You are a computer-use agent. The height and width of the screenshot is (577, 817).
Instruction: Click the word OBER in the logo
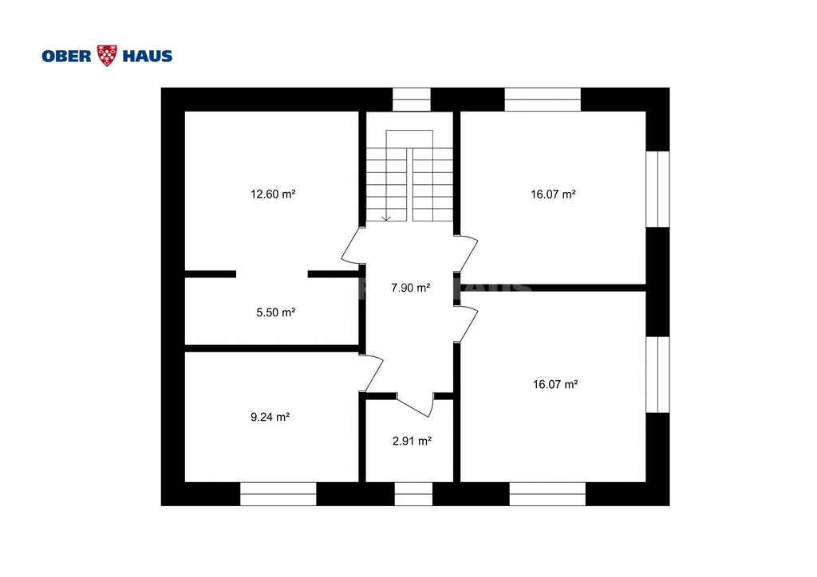[x=67, y=57]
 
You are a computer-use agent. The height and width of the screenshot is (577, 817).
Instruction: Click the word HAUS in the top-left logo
[x=148, y=57]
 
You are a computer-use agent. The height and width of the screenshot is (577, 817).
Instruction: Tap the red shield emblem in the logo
[x=108, y=56]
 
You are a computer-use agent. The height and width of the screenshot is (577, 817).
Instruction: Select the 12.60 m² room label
[x=273, y=194]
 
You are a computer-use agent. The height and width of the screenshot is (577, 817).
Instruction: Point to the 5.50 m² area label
[x=275, y=312]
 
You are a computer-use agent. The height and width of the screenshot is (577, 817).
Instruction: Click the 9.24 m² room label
[x=270, y=417]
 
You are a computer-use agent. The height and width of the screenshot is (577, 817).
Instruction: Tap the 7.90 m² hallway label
[x=411, y=288]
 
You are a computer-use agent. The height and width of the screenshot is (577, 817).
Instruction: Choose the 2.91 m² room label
[x=412, y=442]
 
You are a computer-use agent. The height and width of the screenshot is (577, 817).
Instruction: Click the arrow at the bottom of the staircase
[x=386, y=218]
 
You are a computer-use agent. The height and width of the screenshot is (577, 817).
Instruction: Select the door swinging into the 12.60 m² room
[x=351, y=245]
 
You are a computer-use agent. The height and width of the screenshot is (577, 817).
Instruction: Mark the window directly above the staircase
[x=412, y=100]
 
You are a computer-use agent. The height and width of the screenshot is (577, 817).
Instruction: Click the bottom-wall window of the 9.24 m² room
[x=278, y=494]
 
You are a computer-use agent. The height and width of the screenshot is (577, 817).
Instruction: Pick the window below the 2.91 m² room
[x=414, y=494]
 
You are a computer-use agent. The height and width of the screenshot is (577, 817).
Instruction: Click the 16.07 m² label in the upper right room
[x=554, y=194]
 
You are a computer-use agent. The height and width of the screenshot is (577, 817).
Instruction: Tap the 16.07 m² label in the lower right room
[x=555, y=384]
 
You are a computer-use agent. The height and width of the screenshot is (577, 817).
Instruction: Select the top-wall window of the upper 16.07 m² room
[x=543, y=100]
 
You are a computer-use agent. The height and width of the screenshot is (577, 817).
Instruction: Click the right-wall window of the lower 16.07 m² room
[x=658, y=375]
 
